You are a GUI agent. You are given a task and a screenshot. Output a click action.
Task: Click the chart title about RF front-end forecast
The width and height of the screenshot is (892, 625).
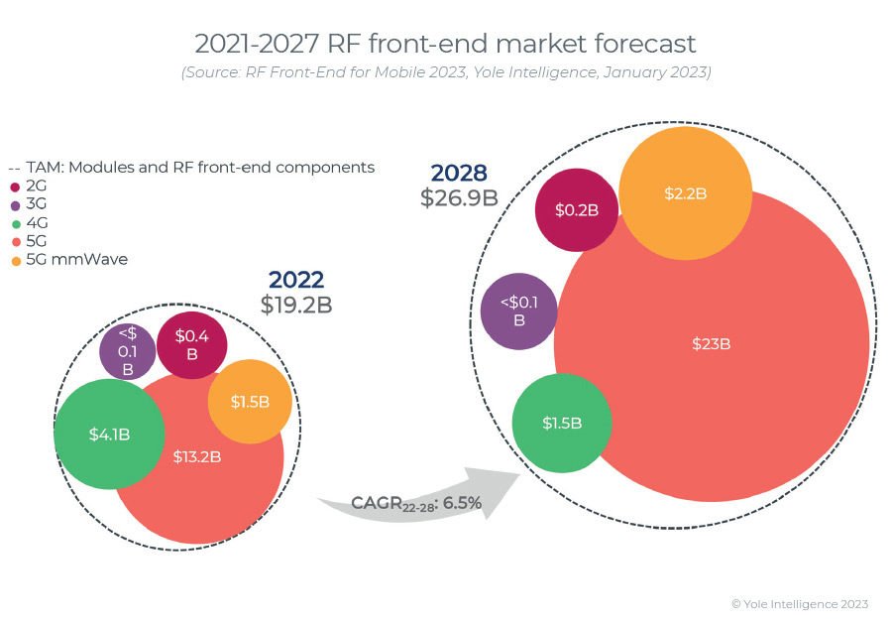[x=445, y=44]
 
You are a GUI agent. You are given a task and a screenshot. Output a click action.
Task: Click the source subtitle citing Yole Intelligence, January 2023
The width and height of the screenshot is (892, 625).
[x=445, y=72]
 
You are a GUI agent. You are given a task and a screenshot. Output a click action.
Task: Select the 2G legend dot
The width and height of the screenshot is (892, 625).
[x=16, y=186]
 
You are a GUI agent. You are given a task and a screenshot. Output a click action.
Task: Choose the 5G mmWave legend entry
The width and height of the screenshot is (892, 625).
[x=68, y=260]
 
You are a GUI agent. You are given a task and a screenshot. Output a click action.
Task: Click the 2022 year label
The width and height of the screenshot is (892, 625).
[x=296, y=281]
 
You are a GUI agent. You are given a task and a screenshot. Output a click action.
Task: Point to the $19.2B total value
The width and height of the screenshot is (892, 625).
[x=296, y=306]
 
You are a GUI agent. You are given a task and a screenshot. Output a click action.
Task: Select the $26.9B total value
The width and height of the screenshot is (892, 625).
[x=459, y=197]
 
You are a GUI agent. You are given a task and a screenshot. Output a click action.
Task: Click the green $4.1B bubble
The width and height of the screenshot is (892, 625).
[x=109, y=434]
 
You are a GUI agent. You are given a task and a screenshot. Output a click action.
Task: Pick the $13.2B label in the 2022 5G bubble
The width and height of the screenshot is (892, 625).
[x=196, y=457]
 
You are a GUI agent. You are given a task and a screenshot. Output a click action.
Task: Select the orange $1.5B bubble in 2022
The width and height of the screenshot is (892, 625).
[x=250, y=401]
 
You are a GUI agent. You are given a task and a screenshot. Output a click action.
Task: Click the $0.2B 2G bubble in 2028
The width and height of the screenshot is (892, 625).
[x=577, y=209]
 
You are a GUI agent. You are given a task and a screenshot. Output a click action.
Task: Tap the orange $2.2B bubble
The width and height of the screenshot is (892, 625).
[x=686, y=193]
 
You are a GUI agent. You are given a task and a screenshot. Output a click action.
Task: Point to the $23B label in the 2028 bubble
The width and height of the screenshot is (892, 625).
[x=711, y=344]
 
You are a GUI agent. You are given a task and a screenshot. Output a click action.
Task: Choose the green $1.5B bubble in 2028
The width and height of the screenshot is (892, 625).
[x=562, y=424]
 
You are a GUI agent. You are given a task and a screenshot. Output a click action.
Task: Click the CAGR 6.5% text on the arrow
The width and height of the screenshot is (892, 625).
[x=416, y=504]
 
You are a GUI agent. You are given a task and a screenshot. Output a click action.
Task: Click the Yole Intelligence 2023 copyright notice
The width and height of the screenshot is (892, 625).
[x=800, y=603]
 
